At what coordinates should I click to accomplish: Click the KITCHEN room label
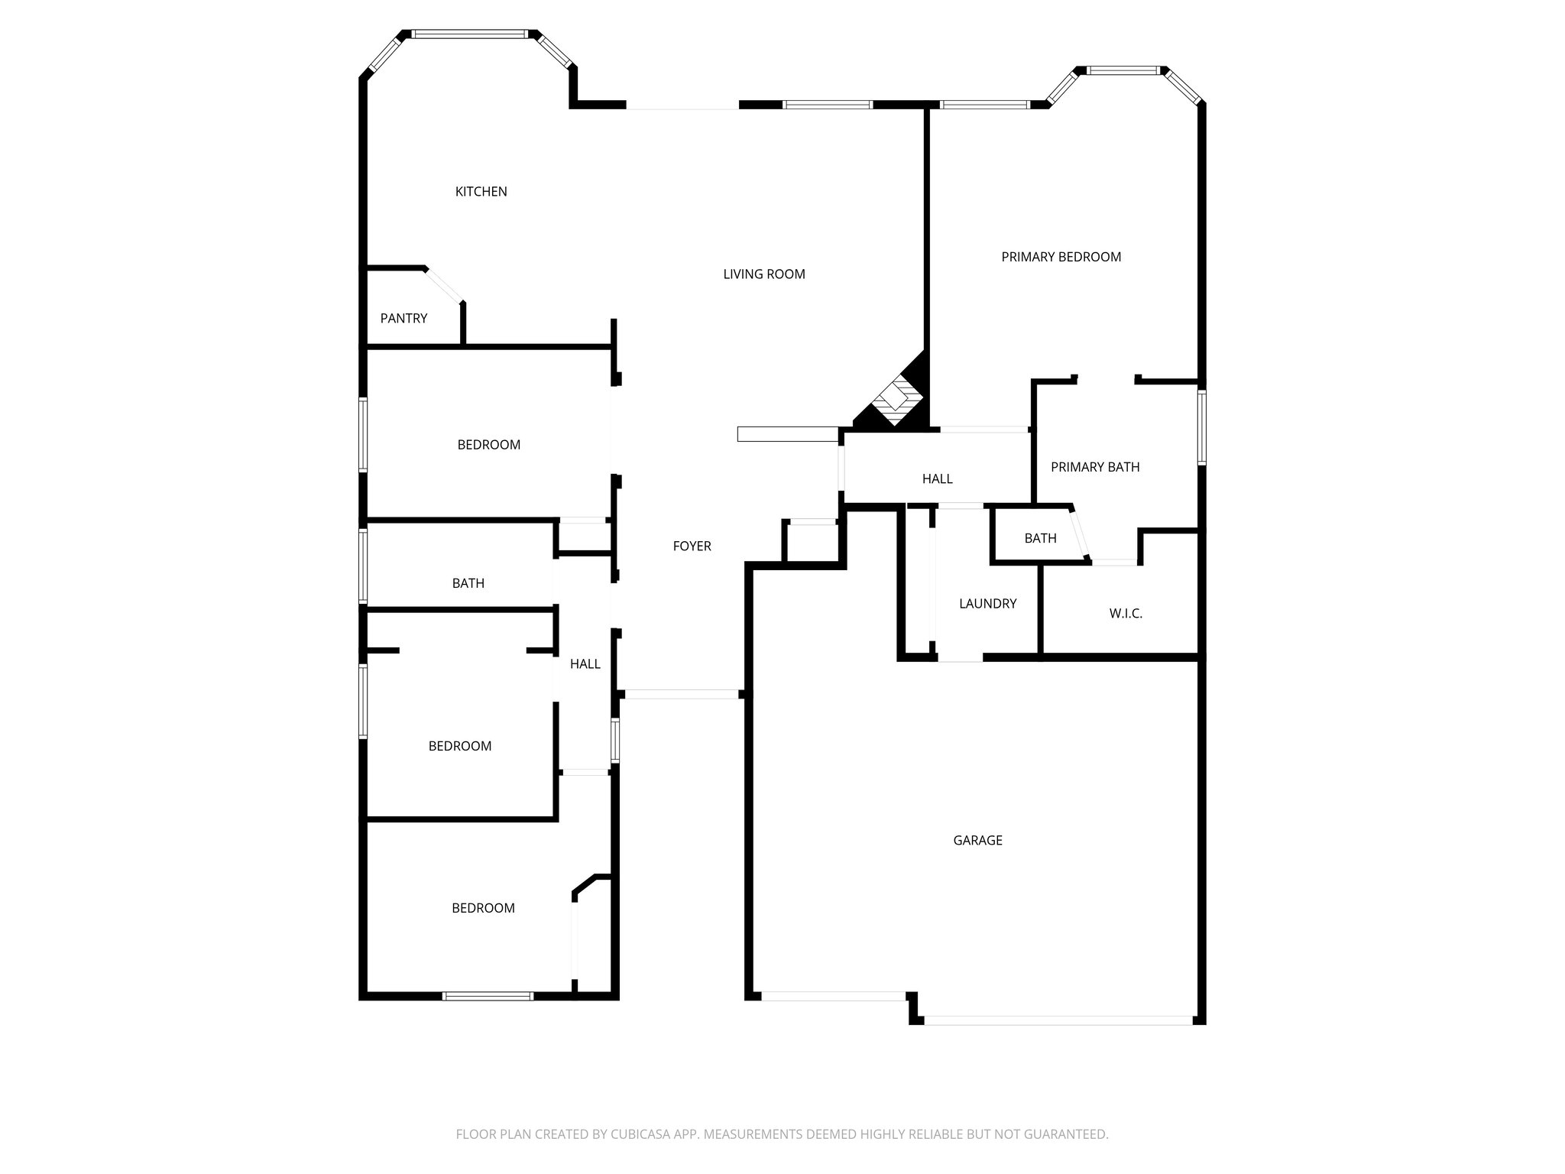click(481, 192)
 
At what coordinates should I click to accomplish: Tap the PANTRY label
click(403, 319)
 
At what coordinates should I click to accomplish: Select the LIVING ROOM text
click(763, 274)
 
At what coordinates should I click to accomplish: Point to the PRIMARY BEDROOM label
click(1061, 258)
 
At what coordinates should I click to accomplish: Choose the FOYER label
click(692, 546)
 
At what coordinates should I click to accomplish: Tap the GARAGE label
click(977, 841)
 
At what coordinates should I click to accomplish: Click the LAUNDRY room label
click(987, 604)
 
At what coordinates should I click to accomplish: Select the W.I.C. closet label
click(1125, 614)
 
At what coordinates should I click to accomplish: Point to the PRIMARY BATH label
click(1094, 467)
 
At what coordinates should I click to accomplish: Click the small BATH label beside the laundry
click(1040, 539)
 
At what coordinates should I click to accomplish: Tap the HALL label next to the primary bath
click(937, 479)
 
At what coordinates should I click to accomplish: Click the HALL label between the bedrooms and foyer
click(585, 664)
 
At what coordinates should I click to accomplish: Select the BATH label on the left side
click(468, 584)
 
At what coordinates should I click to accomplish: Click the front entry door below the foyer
click(682, 694)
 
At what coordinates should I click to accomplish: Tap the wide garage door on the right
click(1058, 1020)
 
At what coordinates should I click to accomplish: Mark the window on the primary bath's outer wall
click(1201, 428)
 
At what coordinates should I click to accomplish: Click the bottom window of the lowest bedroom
click(488, 996)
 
